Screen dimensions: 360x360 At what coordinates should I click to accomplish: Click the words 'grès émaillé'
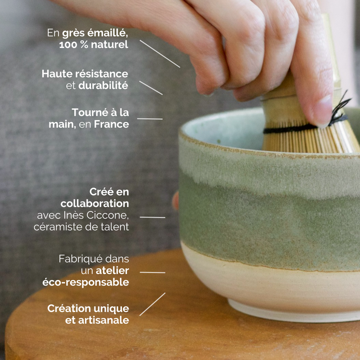pyautogui.click(x=95, y=33)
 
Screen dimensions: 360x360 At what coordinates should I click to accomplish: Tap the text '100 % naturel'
pyautogui.click(x=94, y=45)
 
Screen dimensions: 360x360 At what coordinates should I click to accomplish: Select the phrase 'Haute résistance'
pyautogui.click(x=85, y=74)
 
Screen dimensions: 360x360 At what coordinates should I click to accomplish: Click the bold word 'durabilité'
pyautogui.click(x=103, y=85)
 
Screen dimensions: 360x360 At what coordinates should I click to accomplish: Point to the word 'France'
pyautogui.click(x=111, y=125)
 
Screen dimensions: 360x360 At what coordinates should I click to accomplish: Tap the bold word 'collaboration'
pyautogui.click(x=95, y=204)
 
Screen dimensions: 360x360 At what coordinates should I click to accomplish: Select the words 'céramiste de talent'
pyautogui.click(x=81, y=227)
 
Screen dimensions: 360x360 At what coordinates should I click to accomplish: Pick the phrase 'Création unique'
pyautogui.click(x=88, y=309)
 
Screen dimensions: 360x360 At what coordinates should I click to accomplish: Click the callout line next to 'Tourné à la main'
pyautogui.click(x=150, y=119)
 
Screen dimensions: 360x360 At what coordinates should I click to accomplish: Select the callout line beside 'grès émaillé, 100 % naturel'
pyautogui.click(x=160, y=54)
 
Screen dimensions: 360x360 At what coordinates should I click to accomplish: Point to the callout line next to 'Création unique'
pyautogui.click(x=152, y=304)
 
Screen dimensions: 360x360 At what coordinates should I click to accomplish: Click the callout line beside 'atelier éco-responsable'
pyautogui.click(x=153, y=272)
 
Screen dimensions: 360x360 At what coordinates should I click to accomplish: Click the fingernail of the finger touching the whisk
pyautogui.click(x=323, y=110)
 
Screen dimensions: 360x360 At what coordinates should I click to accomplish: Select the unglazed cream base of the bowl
pyautogui.click(x=270, y=288)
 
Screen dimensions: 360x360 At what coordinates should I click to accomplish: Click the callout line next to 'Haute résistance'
pyautogui.click(x=151, y=88)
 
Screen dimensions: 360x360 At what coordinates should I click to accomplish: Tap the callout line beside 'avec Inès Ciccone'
pyautogui.click(x=153, y=217)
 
